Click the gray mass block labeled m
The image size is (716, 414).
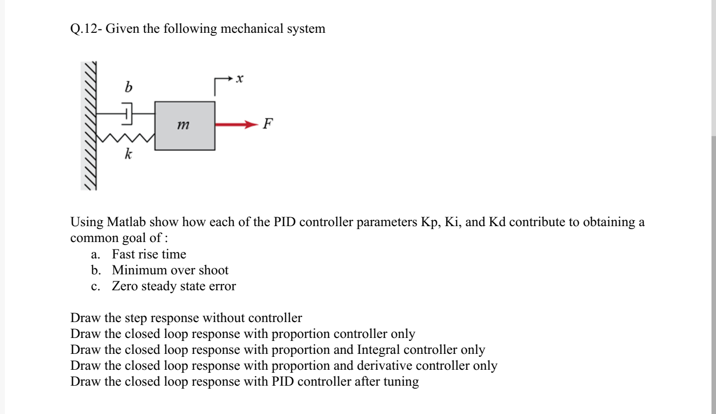pos(185,126)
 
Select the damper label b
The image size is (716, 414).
pos(128,87)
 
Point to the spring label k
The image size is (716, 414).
pos(128,155)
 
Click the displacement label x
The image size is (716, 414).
pos(240,79)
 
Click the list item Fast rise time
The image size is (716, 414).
pos(149,254)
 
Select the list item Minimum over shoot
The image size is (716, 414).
pos(170,270)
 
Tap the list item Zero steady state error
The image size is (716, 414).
pos(174,286)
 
